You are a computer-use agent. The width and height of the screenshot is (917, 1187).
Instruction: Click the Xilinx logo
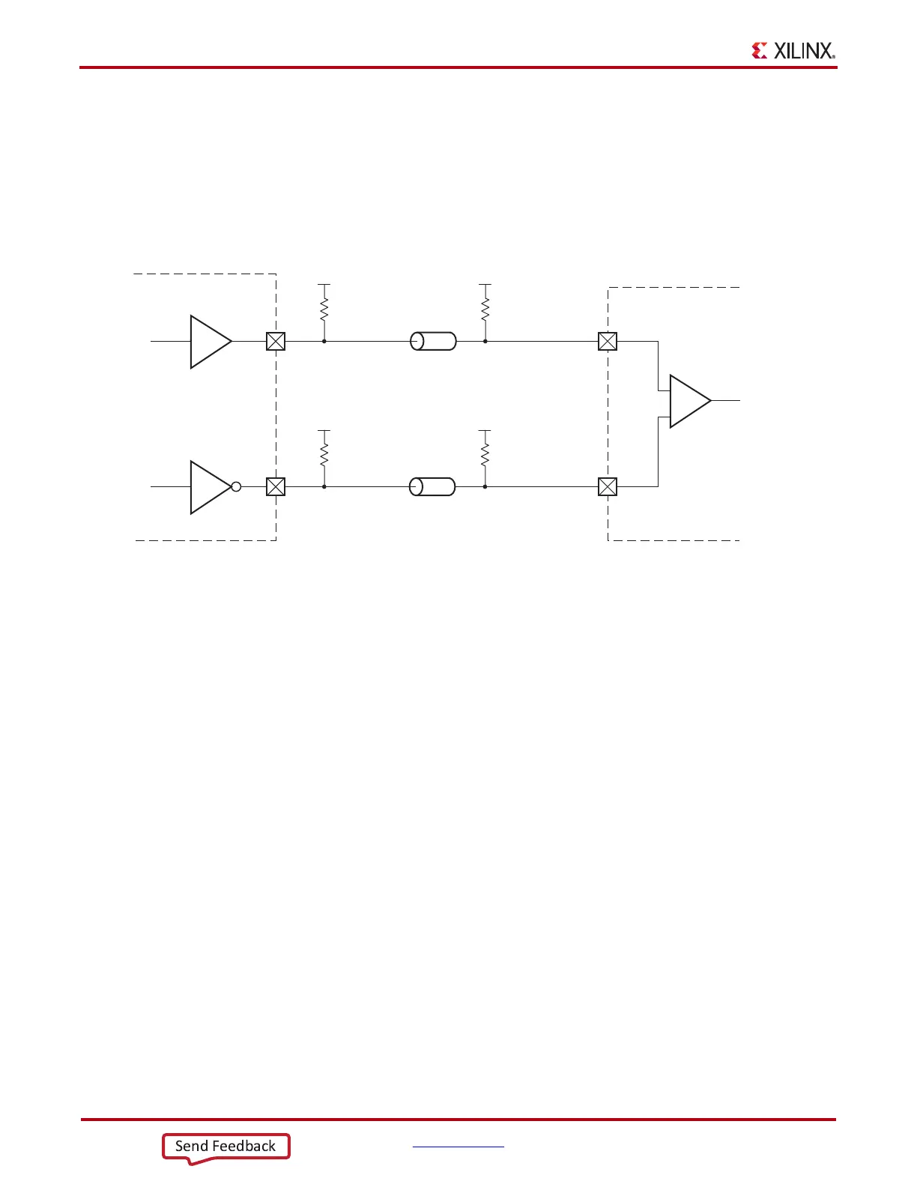[793, 50]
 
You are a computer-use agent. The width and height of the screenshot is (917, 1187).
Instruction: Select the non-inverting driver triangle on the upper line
[209, 342]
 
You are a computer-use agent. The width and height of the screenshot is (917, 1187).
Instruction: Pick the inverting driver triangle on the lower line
[209, 487]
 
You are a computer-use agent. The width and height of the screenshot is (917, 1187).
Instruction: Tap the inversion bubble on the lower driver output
[236, 487]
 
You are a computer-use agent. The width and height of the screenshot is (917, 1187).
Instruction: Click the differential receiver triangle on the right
[688, 402]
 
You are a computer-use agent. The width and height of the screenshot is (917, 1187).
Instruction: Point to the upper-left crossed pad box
[276, 342]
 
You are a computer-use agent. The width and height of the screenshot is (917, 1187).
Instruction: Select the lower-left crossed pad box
[276, 487]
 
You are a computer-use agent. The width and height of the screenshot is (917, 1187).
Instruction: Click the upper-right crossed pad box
[608, 342]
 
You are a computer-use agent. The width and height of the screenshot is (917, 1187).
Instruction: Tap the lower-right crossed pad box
[608, 487]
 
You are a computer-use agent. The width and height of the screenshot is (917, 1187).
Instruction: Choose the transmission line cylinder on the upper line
[433, 342]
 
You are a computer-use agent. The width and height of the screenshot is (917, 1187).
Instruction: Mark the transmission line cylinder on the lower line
[432, 487]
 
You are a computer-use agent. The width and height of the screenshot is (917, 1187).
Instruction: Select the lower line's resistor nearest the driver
[324, 454]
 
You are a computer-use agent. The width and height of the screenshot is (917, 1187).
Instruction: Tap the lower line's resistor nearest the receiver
[485, 454]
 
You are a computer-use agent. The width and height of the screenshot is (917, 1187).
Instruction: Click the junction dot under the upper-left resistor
[324, 341]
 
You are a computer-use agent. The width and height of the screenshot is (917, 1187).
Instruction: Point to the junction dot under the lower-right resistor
[485, 486]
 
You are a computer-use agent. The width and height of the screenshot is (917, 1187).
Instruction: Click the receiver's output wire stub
[725, 401]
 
